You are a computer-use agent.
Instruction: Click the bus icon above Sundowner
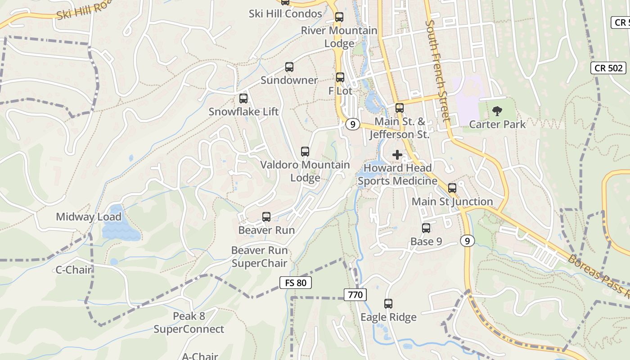pos(289,67)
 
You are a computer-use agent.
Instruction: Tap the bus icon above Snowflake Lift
pos(243,98)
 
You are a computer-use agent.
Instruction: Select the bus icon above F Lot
pos(340,77)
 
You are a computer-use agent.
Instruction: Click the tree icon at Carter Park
pos(497,111)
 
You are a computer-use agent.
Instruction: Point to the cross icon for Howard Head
pos(397,155)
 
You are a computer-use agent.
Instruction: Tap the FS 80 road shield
pos(296,283)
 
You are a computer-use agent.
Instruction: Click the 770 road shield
pos(355,295)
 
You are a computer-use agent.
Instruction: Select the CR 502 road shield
pos(608,68)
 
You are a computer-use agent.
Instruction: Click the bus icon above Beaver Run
pos(266,217)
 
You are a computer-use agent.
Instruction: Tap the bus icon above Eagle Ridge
pos(388,304)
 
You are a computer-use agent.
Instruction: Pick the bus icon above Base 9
pos(426,228)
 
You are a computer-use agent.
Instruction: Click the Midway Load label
pos(89,217)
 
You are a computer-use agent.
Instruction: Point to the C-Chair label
pos(74,270)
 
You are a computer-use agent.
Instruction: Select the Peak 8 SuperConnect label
pos(189,323)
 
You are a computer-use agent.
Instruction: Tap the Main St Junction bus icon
pos(452,188)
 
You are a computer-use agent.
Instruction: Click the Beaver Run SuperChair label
pos(259,256)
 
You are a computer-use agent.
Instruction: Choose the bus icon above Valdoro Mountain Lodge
pos(305,152)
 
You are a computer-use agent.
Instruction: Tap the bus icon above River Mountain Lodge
pos(339,18)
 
